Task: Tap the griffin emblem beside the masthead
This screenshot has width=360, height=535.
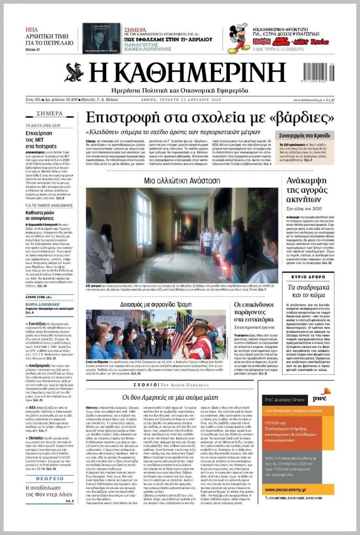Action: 75,73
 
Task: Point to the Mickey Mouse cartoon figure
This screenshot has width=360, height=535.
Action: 239,39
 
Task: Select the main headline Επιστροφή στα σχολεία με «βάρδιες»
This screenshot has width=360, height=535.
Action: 180,117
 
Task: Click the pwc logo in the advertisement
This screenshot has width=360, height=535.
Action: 319,398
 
